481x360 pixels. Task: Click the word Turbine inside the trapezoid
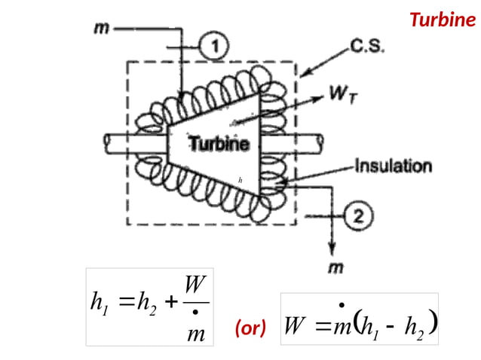tap(218, 143)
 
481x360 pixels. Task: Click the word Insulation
tap(393, 166)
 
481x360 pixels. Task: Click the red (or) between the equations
tap(250, 328)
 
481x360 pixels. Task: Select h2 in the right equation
tap(410, 328)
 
